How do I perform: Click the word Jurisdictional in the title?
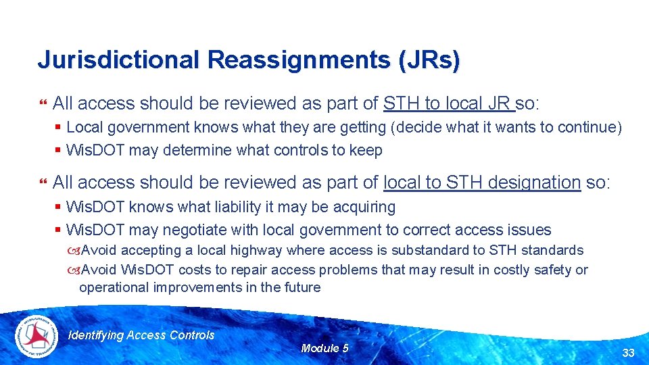coord(118,59)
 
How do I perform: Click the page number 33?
coord(628,352)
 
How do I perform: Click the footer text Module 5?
coord(324,348)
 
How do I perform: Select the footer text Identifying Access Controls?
coord(142,335)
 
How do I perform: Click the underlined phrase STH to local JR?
coord(448,103)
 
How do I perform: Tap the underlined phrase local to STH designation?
coord(481,182)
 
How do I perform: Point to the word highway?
coord(257,250)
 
